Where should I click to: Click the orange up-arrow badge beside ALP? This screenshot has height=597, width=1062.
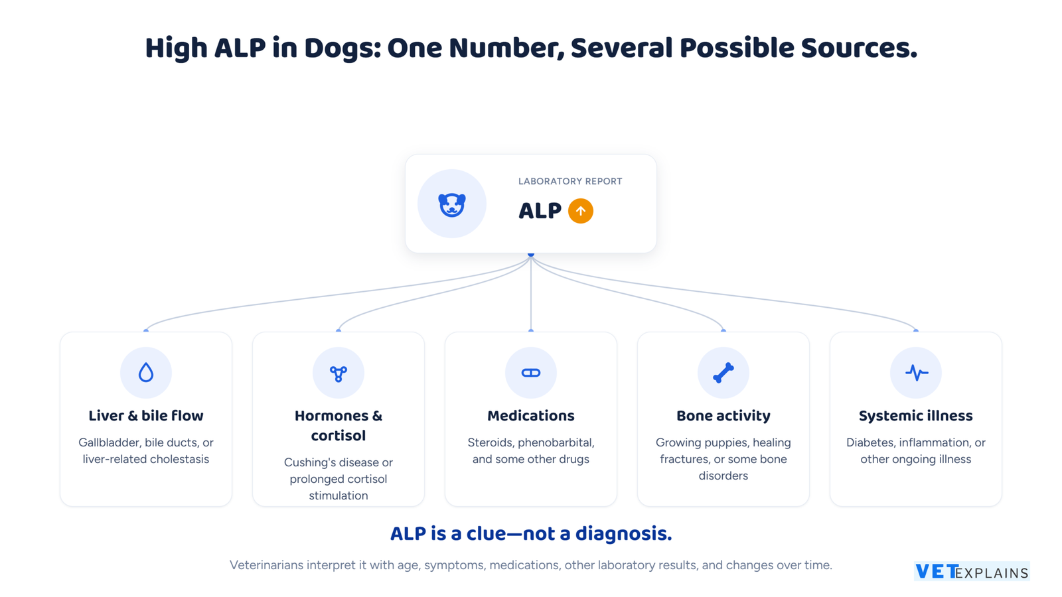click(580, 211)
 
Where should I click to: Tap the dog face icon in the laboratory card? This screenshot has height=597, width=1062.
click(452, 205)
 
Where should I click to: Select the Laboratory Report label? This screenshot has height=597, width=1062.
click(570, 182)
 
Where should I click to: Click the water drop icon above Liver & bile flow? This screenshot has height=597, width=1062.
click(146, 372)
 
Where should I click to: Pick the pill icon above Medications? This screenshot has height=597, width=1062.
click(530, 373)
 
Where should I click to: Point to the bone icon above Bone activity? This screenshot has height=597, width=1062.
click(723, 373)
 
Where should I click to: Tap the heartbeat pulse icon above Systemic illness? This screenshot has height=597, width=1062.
click(916, 373)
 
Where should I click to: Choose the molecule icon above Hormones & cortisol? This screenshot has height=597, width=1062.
click(339, 373)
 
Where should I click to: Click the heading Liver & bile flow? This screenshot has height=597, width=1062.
click(146, 415)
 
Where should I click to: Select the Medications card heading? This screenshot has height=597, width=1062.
click(530, 415)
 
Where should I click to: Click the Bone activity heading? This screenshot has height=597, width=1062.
click(723, 415)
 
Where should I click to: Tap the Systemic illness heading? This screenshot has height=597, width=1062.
click(916, 415)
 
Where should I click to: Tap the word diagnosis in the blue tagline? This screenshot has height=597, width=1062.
click(623, 533)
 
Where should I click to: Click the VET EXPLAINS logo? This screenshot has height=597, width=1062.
click(972, 571)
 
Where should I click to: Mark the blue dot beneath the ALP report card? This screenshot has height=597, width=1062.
click(531, 255)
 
